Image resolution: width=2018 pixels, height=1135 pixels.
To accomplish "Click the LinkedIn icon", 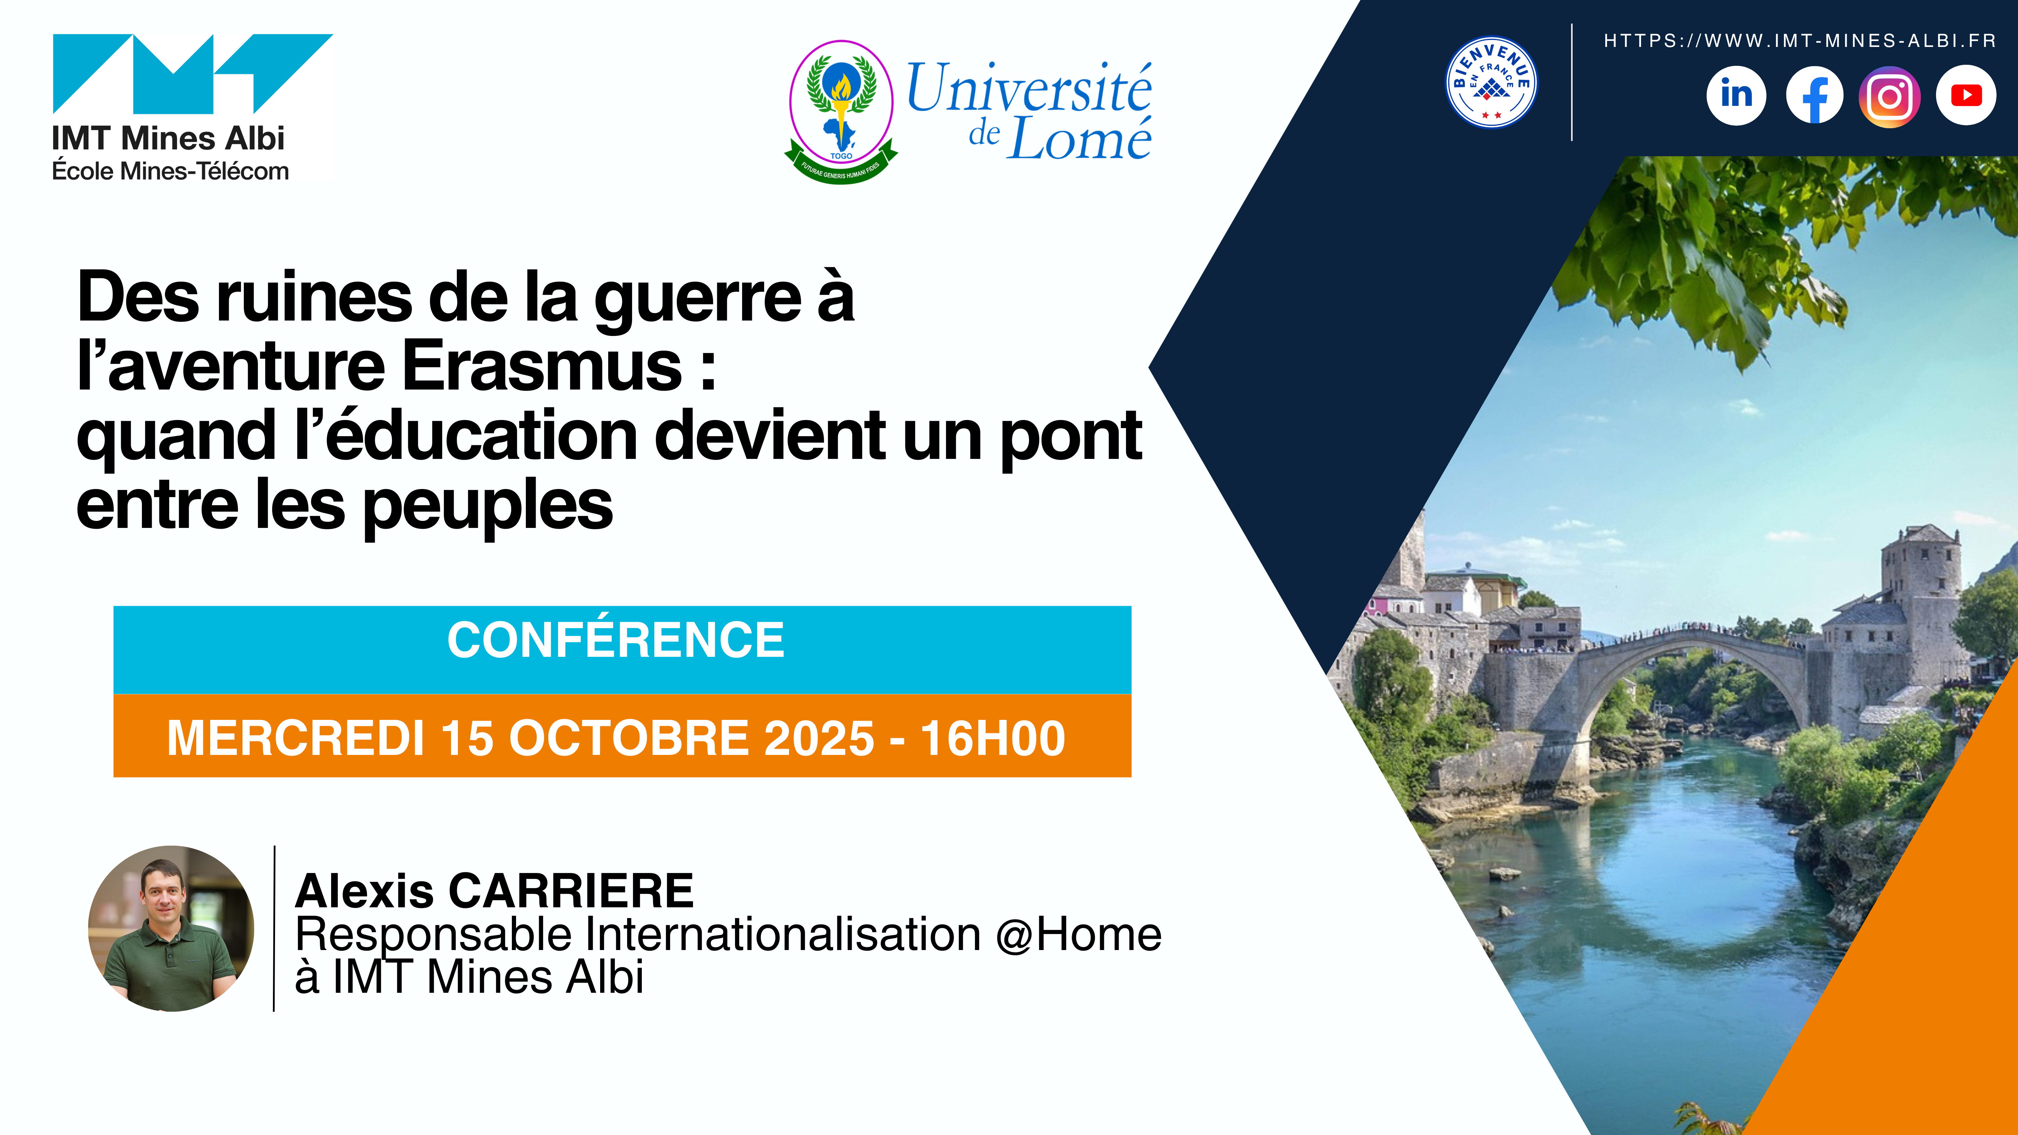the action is point(1736,96).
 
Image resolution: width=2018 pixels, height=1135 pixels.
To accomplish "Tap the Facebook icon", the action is point(1814,96).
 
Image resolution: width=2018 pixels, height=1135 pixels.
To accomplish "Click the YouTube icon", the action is point(1966,96).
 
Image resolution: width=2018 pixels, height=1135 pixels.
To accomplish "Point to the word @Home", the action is point(1079,935).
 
